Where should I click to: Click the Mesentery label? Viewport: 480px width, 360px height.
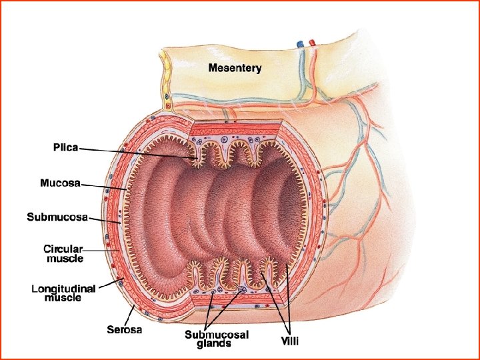click(235, 67)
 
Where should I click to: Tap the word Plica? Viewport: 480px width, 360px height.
click(65, 148)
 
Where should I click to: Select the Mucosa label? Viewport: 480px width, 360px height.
click(61, 182)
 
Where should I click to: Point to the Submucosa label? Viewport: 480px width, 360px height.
click(57, 216)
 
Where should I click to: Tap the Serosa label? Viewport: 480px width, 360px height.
click(125, 329)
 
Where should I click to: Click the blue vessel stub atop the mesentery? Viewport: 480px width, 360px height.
click(300, 43)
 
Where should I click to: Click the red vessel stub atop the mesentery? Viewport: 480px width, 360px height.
click(311, 43)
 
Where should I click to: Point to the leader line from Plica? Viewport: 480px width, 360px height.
click(133, 153)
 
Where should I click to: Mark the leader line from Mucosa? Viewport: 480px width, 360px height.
click(103, 187)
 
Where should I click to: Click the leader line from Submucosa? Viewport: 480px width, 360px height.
click(103, 220)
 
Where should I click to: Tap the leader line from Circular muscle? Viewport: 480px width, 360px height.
click(100, 251)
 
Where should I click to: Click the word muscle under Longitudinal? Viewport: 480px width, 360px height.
click(63, 298)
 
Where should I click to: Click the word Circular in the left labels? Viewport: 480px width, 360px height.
click(64, 249)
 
